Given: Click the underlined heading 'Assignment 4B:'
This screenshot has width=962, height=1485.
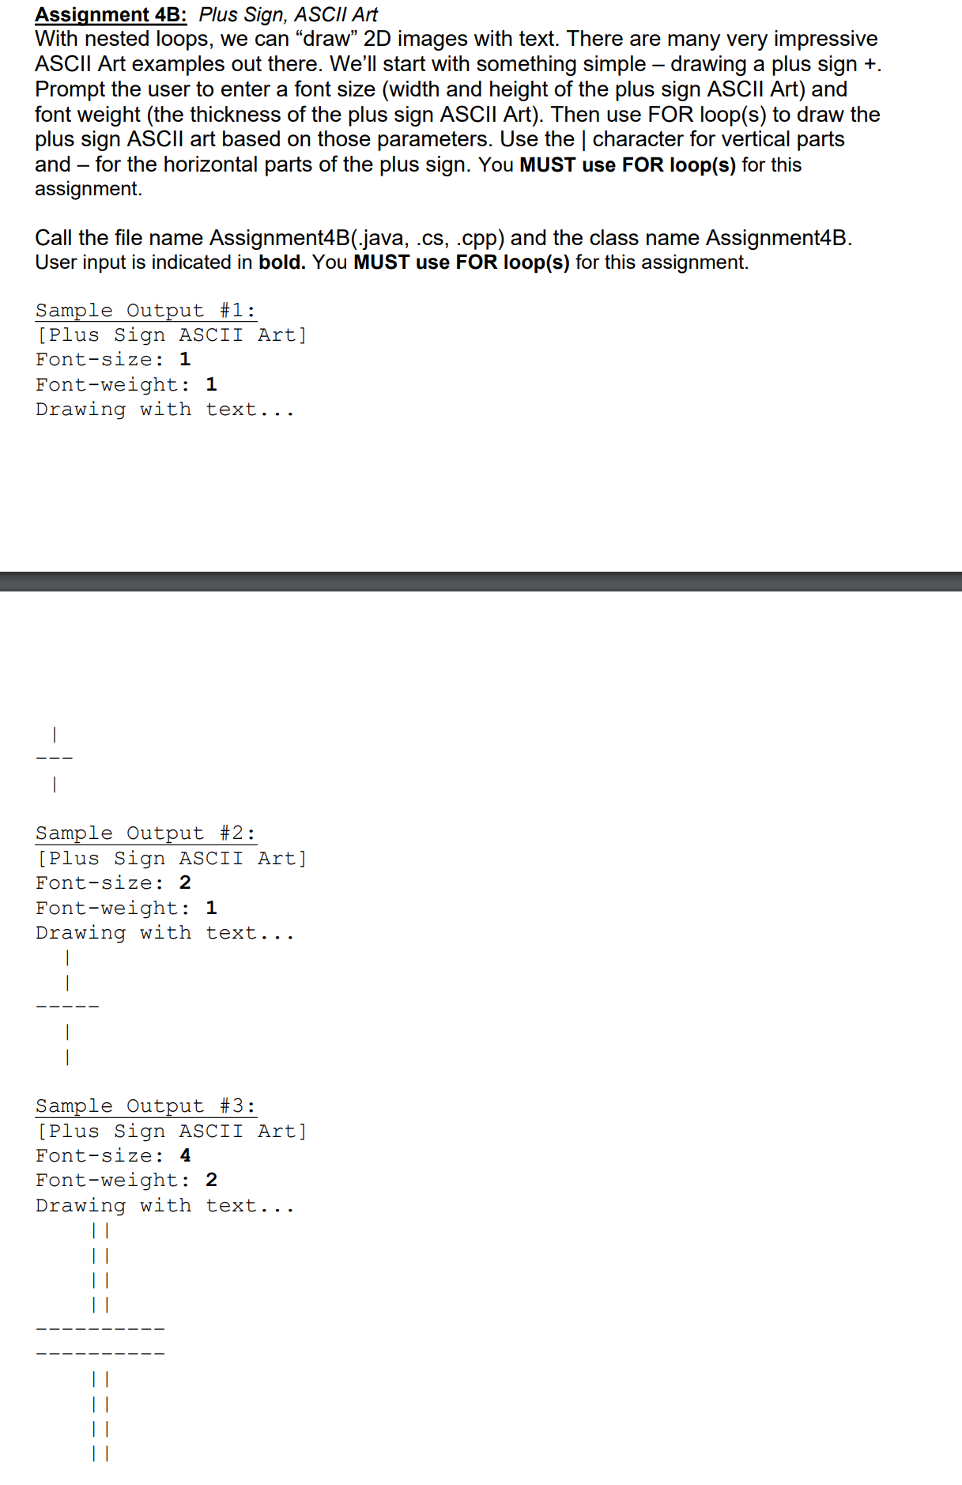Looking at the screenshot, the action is (111, 15).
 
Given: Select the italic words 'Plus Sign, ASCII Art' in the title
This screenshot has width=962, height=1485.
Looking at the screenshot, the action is (288, 15).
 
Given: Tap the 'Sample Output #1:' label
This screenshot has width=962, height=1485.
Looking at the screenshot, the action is (145, 310).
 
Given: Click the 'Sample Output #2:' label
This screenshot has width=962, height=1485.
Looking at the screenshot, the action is (145, 833).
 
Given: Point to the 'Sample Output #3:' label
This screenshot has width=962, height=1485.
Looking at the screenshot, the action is (145, 1105).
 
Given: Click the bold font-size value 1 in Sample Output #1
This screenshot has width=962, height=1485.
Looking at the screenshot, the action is (185, 360).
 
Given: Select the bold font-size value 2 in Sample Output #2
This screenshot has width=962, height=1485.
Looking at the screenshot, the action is (185, 882).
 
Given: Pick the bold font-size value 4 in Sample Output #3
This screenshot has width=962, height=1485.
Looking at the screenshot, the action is (185, 1155).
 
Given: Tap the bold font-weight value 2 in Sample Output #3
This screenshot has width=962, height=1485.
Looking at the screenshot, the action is (211, 1180).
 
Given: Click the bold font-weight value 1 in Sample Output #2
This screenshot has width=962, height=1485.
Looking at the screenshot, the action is (211, 908).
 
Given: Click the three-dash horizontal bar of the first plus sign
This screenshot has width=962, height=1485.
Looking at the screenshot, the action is (54, 759).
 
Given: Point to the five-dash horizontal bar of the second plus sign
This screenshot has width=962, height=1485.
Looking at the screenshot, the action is (67, 1007).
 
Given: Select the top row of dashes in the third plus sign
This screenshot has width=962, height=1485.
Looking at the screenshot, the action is (100, 1329).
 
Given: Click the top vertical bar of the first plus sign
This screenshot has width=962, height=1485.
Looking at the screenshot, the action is (54, 735).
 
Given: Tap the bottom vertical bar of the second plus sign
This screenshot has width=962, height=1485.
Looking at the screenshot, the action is (67, 1056).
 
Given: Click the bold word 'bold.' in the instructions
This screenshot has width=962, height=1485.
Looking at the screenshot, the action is (281, 263).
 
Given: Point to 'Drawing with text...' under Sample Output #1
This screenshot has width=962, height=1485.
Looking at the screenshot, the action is (164, 410).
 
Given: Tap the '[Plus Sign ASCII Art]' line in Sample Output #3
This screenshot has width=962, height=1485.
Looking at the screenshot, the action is (172, 1131).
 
